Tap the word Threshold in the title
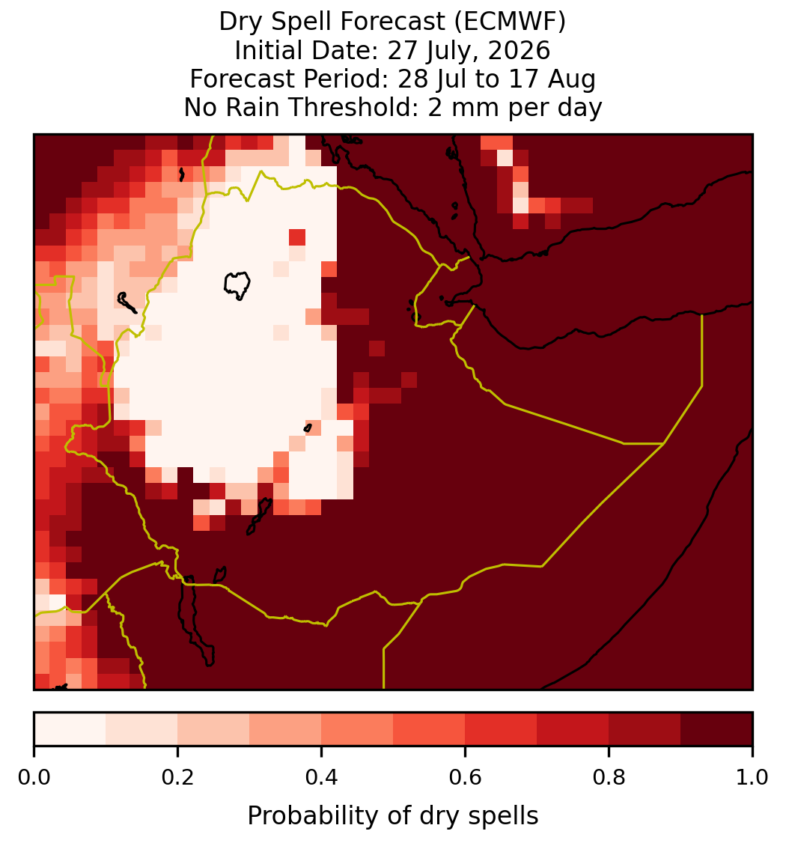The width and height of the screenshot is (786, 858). [x=354, y=107]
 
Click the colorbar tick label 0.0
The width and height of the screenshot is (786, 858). [x=34, y=778]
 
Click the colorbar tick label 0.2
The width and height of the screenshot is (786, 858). [x=177, y=778]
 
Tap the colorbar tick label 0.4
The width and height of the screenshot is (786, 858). [x=322, y=778]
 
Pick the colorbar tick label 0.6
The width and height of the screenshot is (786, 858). [x=465, y=778]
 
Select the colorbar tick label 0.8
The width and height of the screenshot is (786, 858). [x=609, y=778]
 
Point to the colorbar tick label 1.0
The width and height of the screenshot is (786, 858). [x=752, y=778]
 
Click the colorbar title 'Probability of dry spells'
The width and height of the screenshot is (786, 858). [x=393, y=816]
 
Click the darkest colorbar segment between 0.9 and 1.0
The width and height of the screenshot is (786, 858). [x=716, y=729]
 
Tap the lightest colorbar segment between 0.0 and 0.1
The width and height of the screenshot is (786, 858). [x=70, y=729]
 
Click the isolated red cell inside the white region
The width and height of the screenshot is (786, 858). [x=297, y=237]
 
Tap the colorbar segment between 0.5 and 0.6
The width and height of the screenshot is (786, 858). [x=429, y=729]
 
